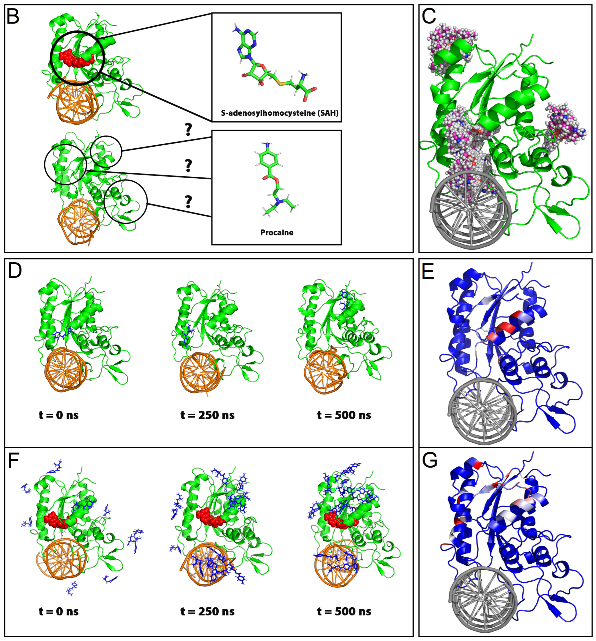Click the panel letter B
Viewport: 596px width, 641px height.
click(13, 17)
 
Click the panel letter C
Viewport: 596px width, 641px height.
click(429, 17)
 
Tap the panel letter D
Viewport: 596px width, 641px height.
click(15, 271)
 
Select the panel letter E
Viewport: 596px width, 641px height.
click(428, 271)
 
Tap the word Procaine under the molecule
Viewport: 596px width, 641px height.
click(277, 232)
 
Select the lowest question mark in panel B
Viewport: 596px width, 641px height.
click(188, 202)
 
